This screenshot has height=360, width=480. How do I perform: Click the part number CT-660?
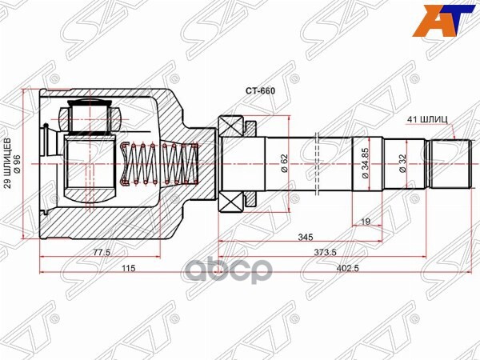point(260,91)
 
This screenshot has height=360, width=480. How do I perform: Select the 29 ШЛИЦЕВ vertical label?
point(8,166)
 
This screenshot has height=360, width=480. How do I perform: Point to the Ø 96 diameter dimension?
point(18,166)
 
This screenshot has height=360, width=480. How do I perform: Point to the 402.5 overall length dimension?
point(341,268)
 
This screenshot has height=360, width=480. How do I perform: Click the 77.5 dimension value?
point(100,253)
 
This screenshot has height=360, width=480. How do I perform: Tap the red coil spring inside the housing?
point(160,164)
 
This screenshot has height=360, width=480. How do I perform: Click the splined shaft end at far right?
point(450,164)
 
